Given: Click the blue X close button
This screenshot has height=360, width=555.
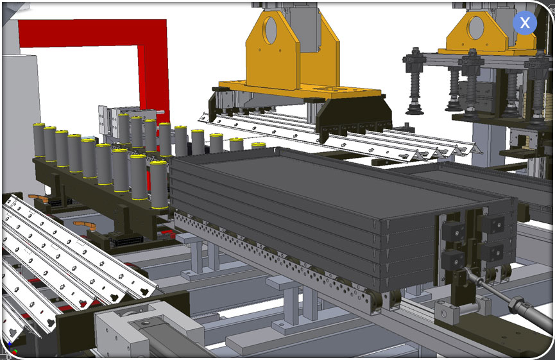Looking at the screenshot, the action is click(525, 22).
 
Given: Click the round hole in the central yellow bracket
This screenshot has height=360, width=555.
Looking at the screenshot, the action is click(271, 30).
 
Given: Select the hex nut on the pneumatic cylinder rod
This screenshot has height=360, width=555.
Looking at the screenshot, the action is click(515, 305).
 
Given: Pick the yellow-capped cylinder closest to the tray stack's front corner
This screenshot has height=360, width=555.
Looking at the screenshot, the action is click(159, 184).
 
